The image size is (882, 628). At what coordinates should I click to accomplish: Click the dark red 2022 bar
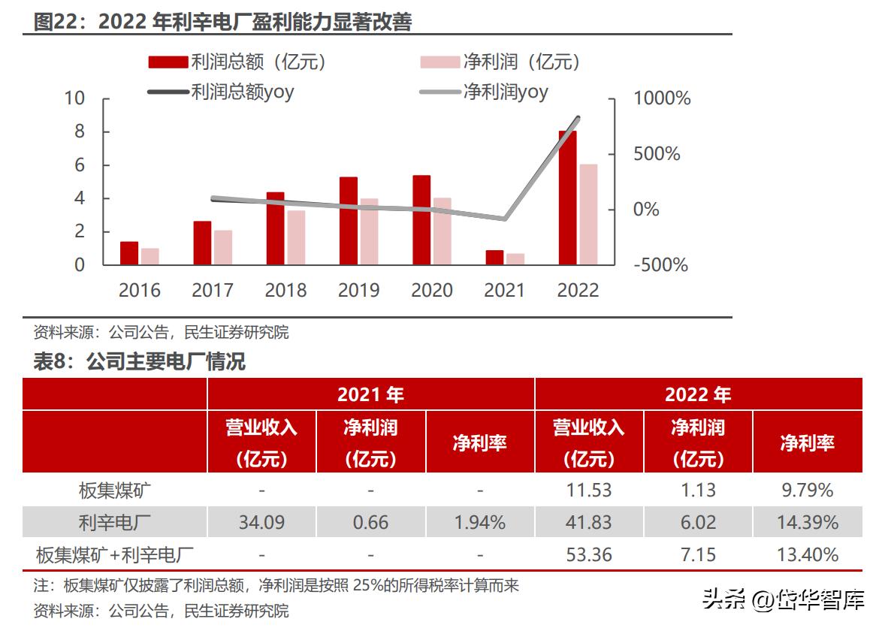click(x=567, y=198)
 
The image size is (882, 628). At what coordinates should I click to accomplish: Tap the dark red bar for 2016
click(x=129, y=253)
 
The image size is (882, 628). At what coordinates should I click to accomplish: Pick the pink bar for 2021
click(x=515, y=259)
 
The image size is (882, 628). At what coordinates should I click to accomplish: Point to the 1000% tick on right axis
click(x=662, y=98)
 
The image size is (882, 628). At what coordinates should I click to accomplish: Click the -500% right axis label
click(x=660, y=265)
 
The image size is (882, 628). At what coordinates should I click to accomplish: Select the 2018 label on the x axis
click(x=285, y=290)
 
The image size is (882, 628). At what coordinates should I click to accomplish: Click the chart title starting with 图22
click(x=223, y=22)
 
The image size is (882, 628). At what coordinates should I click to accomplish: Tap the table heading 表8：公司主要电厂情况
click(x=140, y=362)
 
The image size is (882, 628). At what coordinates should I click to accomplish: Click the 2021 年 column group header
click(x=370, y=394)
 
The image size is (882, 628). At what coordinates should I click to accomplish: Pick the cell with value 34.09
click(x=261, y=522)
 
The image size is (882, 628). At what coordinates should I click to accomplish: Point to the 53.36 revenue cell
click(x=589, y=555)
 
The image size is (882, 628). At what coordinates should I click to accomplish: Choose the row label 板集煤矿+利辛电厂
click(x=115, y=555)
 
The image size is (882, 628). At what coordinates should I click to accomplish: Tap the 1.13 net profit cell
click(x=698, y=491)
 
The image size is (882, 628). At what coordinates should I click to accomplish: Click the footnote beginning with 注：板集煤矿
click(x=276, y=585)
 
